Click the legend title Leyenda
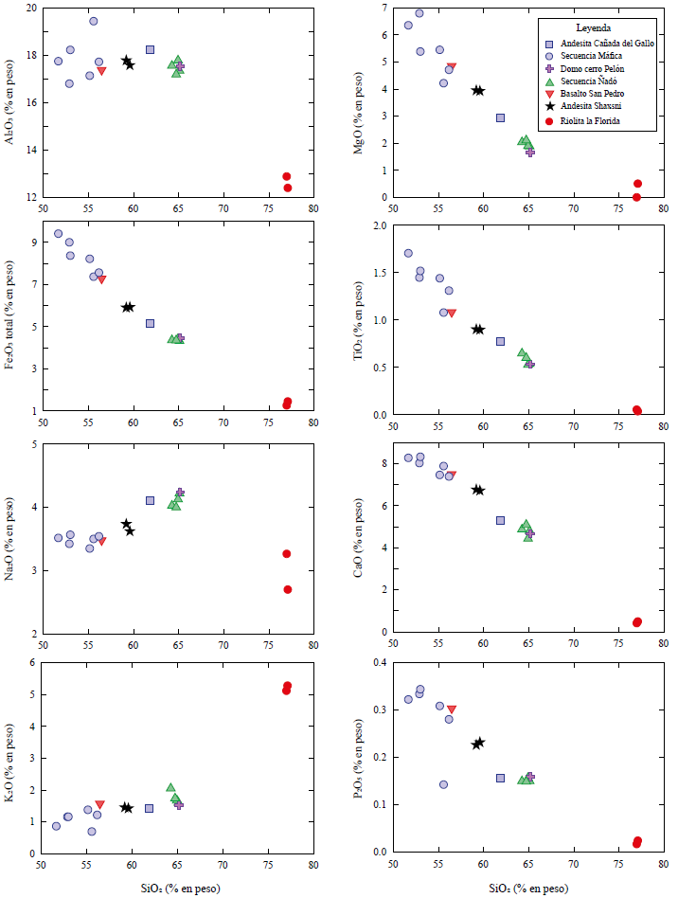point(593,28)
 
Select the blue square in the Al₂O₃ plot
point(150,49)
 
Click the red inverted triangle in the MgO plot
point(452,67)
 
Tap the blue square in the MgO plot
point(501,117)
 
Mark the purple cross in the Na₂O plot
point(180,493)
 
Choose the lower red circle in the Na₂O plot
point(288,589)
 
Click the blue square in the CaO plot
point(501,520)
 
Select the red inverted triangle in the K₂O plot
point(99,804)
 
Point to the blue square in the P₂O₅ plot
point(501,778)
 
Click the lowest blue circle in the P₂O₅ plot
point(443,784)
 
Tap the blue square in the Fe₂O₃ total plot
point(150,323)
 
